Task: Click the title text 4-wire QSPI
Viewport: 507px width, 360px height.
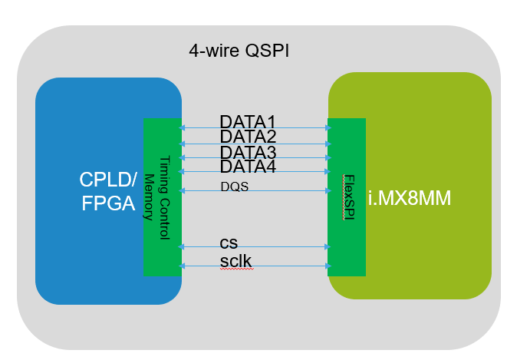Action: tap(239, 51)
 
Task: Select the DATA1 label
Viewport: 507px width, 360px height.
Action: tap(247, 121)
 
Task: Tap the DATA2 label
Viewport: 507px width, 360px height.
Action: tap(247, 136)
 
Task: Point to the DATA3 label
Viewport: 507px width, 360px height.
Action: tap(247, 151)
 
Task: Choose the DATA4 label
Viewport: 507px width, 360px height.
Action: tap(247, 166)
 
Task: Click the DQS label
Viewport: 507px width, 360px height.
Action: tap(234, 186)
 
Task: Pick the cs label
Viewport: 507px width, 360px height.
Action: tap(229, 242)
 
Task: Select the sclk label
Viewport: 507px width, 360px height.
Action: tap(235, 261)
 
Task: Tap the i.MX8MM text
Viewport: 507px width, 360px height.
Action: tap(409, 198)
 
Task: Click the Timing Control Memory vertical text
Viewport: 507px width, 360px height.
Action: tap(157, 188)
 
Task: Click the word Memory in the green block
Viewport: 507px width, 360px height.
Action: tap(150, 196)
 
